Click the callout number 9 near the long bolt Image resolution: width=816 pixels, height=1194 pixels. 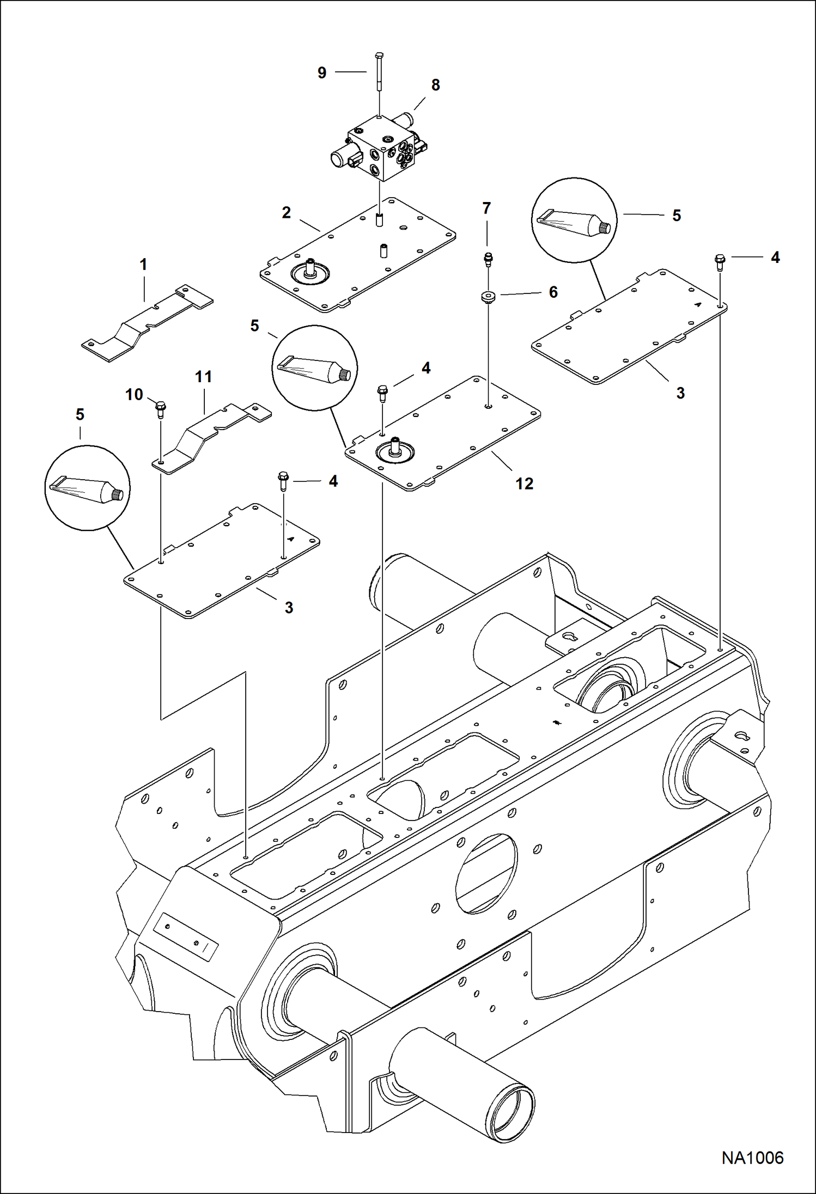click(x=322, y=73)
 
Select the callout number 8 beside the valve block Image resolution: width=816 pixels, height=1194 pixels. click(x=435, y=85)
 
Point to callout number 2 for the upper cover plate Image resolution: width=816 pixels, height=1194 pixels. click(x=287, y=212)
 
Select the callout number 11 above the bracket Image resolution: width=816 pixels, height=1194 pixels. click(x=203, y=377)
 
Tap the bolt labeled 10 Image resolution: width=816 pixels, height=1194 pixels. click(x=161, y=408)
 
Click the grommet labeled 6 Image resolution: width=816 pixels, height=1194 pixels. click(x=488, y=298)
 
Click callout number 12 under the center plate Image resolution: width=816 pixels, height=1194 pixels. click(x=524, y=483)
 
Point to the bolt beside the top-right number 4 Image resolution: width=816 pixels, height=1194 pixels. click(x=720, y=262)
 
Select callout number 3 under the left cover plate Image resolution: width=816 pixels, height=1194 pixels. click(x=289, y=607)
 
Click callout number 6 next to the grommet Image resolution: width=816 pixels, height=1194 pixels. click(x=553, y=292)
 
